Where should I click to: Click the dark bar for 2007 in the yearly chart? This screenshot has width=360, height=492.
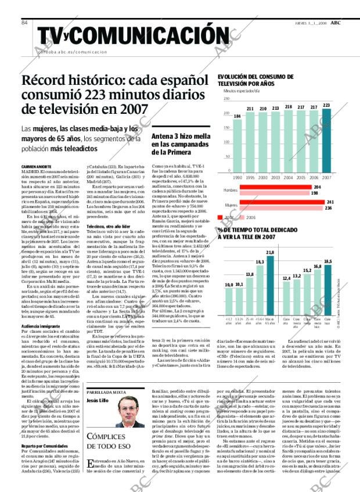coord(326,139)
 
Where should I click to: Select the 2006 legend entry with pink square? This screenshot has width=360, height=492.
coord(247,217)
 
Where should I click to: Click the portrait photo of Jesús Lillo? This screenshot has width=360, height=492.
coord(130,414)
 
